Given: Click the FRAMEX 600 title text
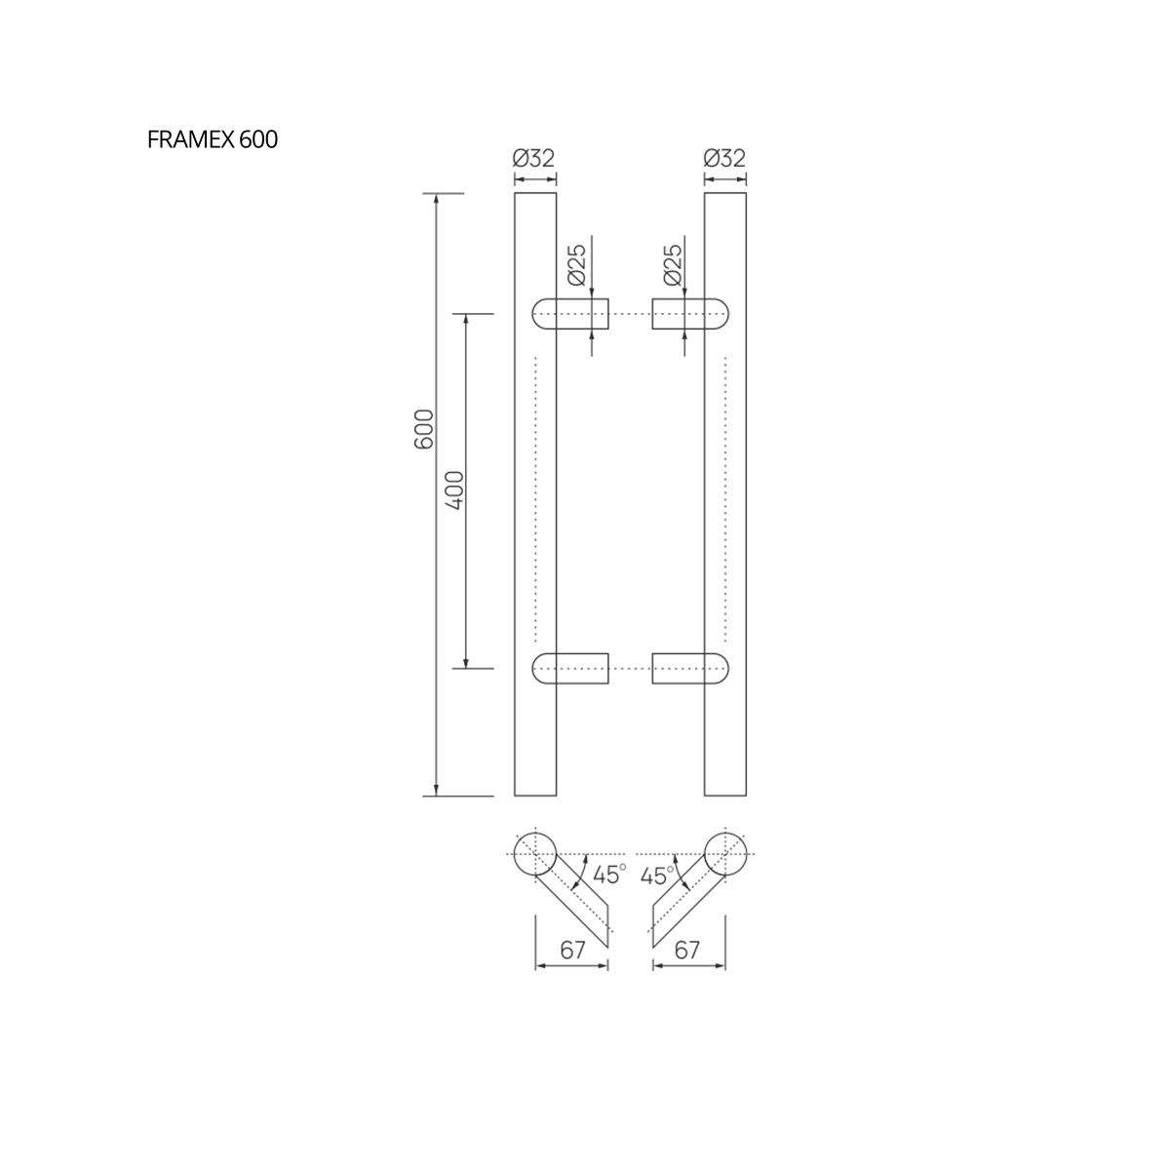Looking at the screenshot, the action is [213, 139].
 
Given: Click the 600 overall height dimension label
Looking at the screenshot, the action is [424, 429].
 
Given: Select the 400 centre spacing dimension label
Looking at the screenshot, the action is [454, 490].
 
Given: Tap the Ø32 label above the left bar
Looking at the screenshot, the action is [533, 159].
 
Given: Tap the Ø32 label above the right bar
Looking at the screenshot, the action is [724, 159].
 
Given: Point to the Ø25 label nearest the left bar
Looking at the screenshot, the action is [576, 265].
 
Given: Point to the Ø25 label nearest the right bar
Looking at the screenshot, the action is [673, 265].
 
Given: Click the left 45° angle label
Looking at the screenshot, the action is [609, 875].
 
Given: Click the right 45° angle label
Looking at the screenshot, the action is [657, 876].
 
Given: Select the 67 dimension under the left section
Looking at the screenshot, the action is [572, 950].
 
